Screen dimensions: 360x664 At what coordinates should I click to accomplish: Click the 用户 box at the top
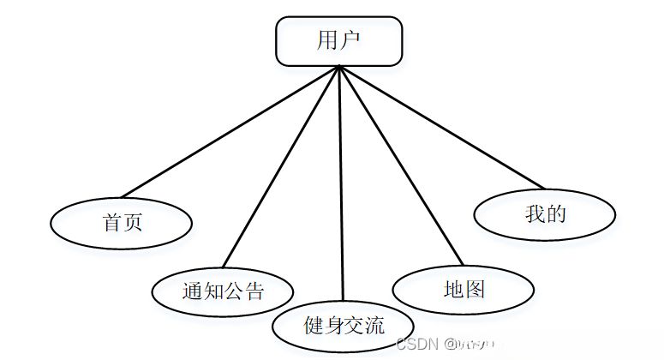[338, 41]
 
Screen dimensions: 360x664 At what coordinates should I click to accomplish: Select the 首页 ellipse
[122, 224]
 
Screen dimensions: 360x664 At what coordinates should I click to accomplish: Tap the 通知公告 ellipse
[223, 291]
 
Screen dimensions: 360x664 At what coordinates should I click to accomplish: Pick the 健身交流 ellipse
[344, 326]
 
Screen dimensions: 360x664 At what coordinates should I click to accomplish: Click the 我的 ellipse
[545, 214]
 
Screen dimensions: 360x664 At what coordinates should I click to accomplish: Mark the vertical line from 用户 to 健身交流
[341, 180]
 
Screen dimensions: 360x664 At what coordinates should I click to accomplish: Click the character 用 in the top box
[327, 41]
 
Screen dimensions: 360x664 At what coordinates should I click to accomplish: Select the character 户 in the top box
[350, 41]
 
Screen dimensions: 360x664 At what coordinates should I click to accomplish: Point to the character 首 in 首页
[111, 224]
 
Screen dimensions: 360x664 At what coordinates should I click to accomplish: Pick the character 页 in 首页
[133, 224]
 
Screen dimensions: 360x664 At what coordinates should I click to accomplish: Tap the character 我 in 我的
[535, 214]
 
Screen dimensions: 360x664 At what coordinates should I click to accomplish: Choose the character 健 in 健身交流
[314, 326]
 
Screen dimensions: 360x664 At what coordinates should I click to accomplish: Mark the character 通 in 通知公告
[192, 291]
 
